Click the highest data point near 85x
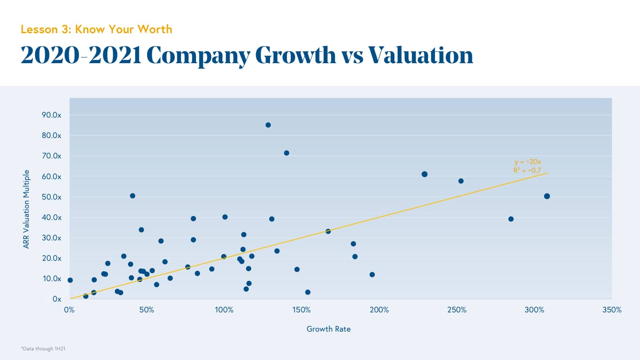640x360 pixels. [268, 125]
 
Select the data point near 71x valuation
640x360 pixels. [286, 153]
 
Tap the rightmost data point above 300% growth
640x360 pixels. [547, 196]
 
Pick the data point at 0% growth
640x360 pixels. [70, 280]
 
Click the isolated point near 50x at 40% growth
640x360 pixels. [132, 196]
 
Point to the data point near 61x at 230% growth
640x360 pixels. [424, 174]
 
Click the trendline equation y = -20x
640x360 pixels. [528, 162]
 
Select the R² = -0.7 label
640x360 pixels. [527, 170]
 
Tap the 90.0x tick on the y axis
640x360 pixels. [52, 115]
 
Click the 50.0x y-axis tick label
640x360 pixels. [52, 197]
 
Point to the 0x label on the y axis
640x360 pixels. [57, 299]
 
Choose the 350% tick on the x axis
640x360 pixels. [612, 310]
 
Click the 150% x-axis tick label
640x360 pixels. [301, 310]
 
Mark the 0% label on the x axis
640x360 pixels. [69, 310]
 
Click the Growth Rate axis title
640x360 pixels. [328, 329]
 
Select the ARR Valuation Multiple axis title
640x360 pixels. [26, 209]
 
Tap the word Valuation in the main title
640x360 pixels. [420, 55]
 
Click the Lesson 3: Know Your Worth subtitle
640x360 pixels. [96, 29]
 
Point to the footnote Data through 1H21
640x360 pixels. [43, 349]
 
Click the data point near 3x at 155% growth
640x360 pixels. [308, 292]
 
